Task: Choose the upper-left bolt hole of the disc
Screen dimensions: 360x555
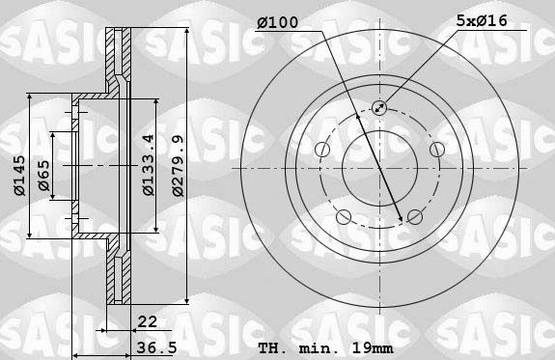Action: coord(319,149)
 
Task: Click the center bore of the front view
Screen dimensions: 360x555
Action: coord(377,166)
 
